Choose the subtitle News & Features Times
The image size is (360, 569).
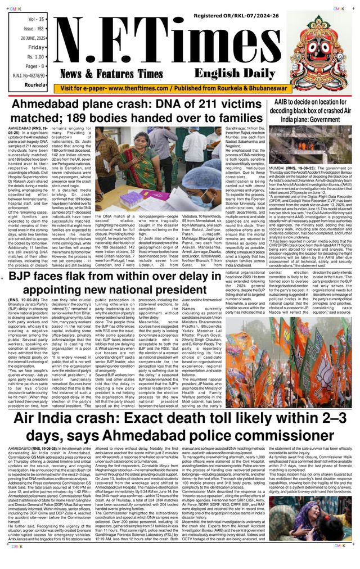(111, 74)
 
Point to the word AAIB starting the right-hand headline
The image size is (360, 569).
(285, 102)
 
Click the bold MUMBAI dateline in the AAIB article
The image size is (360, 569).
(282, 168)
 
